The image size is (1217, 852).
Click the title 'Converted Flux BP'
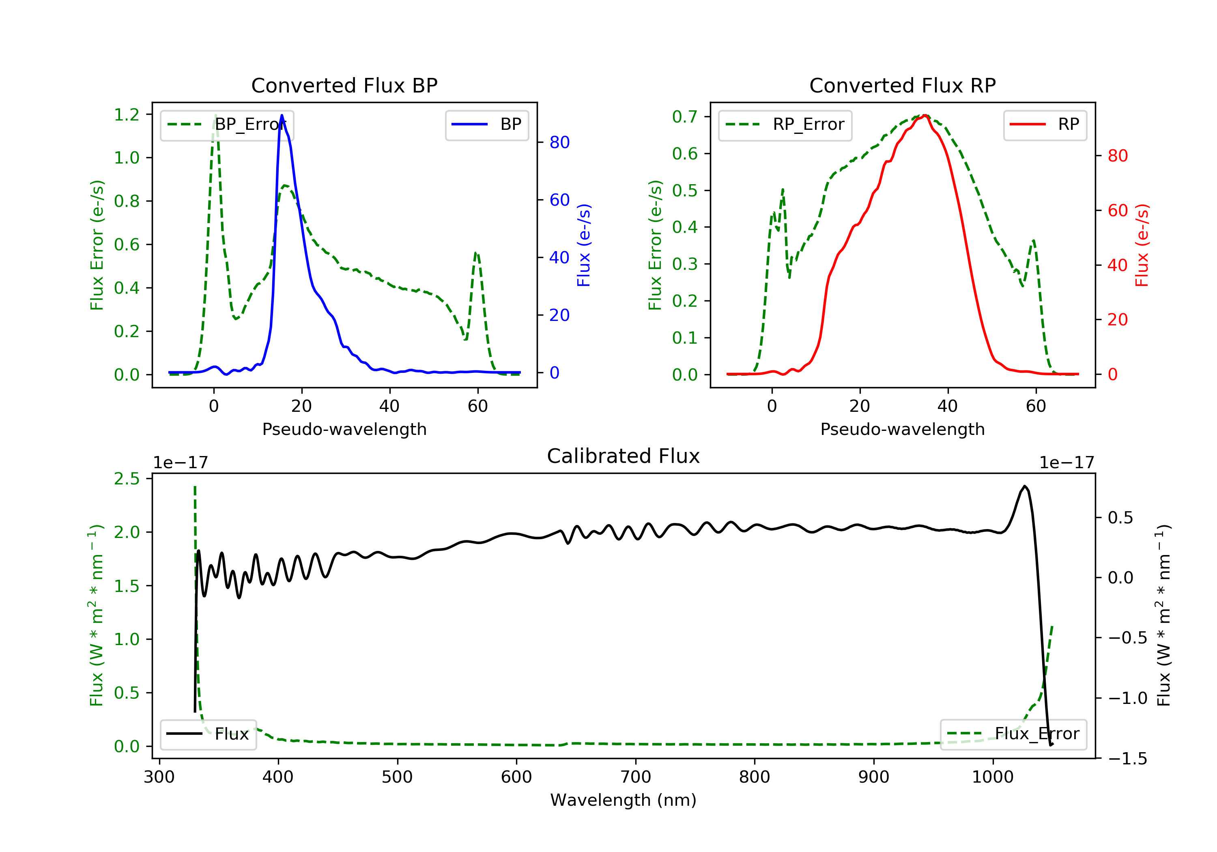(344, 85)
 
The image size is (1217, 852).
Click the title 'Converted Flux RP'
(902, 85)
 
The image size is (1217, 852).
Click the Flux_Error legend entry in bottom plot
(1013, 734)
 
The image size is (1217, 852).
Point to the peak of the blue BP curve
(282, 116)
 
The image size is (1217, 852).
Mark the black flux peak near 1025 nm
(1025, 486)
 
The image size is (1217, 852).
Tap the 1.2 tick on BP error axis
(127, 114)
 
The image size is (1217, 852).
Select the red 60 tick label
(1117, 211)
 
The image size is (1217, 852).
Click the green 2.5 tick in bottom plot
(127, 479)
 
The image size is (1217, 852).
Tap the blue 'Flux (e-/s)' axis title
(584, 245)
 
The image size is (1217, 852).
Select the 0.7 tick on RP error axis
(685, 116)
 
